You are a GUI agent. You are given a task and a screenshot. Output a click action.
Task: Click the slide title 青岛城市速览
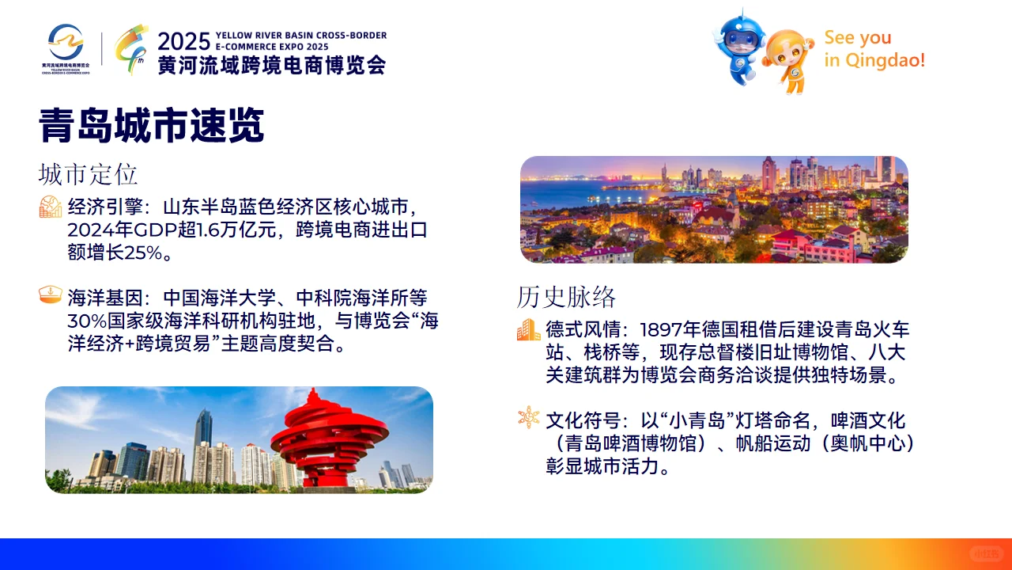point(151,126)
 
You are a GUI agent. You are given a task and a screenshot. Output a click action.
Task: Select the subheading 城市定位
point(88,173)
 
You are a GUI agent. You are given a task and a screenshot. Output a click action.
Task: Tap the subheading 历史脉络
point(566,297)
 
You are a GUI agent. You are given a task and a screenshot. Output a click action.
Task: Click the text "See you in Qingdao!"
point(874,49)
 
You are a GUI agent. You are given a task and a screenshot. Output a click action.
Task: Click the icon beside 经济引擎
point(51,207)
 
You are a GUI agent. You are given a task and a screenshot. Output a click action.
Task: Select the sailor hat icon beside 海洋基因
point(51,296)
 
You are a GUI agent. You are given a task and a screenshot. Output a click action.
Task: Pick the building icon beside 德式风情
point(529,329)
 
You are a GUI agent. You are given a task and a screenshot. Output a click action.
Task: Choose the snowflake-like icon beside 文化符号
point(529,418)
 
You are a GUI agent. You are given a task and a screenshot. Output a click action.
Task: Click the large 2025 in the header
point(183,41)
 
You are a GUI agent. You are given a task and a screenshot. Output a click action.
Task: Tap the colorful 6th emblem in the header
point(130,49)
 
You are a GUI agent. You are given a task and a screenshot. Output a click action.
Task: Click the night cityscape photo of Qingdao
point(714,210)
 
